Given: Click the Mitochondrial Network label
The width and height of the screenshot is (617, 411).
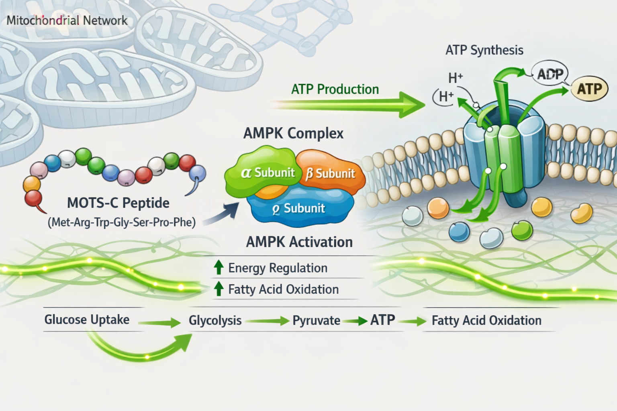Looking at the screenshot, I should pos(67,20).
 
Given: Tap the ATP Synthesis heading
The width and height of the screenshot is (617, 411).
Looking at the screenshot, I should pos(484,50).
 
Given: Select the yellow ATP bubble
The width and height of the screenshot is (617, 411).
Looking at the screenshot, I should pos(589,89).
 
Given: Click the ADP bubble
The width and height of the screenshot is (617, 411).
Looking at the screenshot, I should pos(550,74).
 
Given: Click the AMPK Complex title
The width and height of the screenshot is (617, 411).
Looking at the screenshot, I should pos(293,133).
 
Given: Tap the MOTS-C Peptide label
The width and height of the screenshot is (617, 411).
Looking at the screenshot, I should pos(118,203).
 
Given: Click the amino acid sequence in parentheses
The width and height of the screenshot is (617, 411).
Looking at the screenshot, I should pos(121,222).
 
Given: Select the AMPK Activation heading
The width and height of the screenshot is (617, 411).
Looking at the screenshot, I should pos(299,242).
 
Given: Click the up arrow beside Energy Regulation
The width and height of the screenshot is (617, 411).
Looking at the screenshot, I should pos(219,267).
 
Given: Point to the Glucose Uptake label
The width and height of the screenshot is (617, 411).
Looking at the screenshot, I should pos(87,319).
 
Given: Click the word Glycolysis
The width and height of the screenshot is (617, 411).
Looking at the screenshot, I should pos(215,320).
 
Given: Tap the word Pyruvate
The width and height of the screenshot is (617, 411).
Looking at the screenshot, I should pos(316,320).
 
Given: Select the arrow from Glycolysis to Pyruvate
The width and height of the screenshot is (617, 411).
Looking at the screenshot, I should pos(267,321).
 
